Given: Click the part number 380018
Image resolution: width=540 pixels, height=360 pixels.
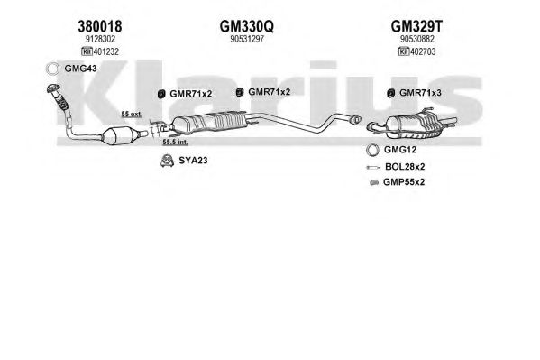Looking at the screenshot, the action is [x=100, y=26].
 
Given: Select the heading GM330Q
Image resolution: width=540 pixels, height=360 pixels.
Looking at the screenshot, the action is [x=247, y=26].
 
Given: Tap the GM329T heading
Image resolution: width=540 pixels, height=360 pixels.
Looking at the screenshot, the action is [x=416, y=26].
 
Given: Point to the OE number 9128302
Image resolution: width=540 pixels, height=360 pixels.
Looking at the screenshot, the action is [x=100, y=39].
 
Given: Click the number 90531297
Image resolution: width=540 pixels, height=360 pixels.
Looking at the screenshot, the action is [x=247, y=39].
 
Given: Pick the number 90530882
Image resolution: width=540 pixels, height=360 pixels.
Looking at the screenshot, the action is [x=417, y=39].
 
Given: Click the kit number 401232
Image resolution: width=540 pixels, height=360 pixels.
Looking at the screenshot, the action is [x=105, y=51].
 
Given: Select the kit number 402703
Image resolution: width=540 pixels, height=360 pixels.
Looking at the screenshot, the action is [x=423, y=51].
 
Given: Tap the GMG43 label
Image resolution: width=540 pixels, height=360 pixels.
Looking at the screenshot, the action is [x=80, y=69].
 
